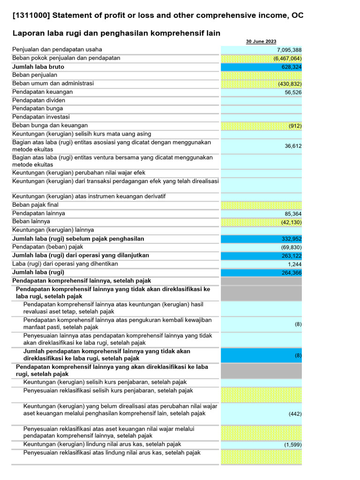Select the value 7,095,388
pos(289,50)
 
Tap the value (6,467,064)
pos(287,59)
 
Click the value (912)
pos(295,126)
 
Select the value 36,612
pos(293,146)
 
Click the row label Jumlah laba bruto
pos(38,67)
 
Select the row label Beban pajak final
pos(35,205)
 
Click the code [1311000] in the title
pos(31,15)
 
